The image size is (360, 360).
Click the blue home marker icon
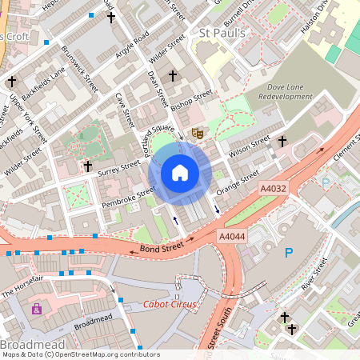pyautogui.click(x=179, y=173)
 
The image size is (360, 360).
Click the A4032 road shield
pyautogui.click(x=273, y=188)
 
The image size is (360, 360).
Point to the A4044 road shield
pyautogui.click(x=232, y=237)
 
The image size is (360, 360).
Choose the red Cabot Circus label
pyautogui.click(x=170, y=305)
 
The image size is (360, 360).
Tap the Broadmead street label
pyautogui.click(x=93, y=325)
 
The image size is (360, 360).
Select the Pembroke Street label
pyautogui.click(x=128, y=198)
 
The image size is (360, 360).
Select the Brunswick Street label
pyautogui.click(x=79, y=67)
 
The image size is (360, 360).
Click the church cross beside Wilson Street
pyautogui.click(x=282, y=141)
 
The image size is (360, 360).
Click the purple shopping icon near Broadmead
pyautogui.click(x=36, y=309)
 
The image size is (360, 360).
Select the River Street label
pyautogui.click(x=316, y=274)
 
